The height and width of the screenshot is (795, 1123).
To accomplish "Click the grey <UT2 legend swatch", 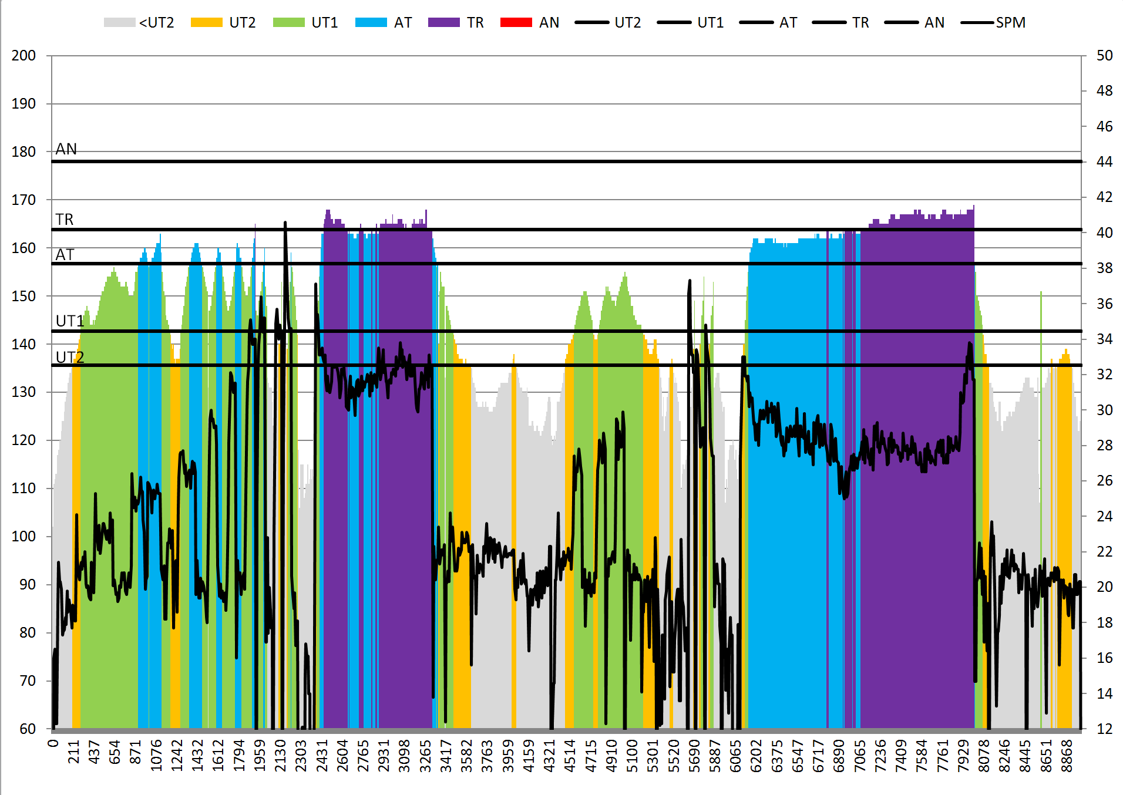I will click(119, 22).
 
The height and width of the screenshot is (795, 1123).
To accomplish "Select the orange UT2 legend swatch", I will click(207, 22).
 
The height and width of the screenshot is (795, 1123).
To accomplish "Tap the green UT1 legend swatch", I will click(289, 22).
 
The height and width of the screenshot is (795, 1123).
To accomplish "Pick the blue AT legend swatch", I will click(371, 22).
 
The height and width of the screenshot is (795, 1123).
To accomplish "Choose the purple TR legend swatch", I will click(444, 22).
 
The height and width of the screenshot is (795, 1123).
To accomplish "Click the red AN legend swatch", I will click(516, 22).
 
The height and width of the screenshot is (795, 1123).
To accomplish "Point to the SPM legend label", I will click(1010, 23).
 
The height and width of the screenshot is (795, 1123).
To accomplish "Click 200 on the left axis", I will click(23, 56).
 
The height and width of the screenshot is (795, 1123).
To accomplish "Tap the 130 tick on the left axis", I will click(23, 392).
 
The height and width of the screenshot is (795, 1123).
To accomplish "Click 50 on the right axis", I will click(1104, 56).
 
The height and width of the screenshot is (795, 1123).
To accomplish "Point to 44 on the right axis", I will click(1104, 161).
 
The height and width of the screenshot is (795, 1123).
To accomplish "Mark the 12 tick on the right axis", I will click(1104, 729).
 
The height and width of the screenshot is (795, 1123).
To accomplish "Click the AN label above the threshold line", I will click(66, 149).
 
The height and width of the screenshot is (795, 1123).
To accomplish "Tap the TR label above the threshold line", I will click(65, 220).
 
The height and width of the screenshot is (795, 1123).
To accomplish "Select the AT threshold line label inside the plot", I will click(65, 255).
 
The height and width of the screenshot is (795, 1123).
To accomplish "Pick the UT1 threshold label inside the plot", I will click(70, 321).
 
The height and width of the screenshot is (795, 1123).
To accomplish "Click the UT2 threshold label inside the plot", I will click(70, 357).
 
